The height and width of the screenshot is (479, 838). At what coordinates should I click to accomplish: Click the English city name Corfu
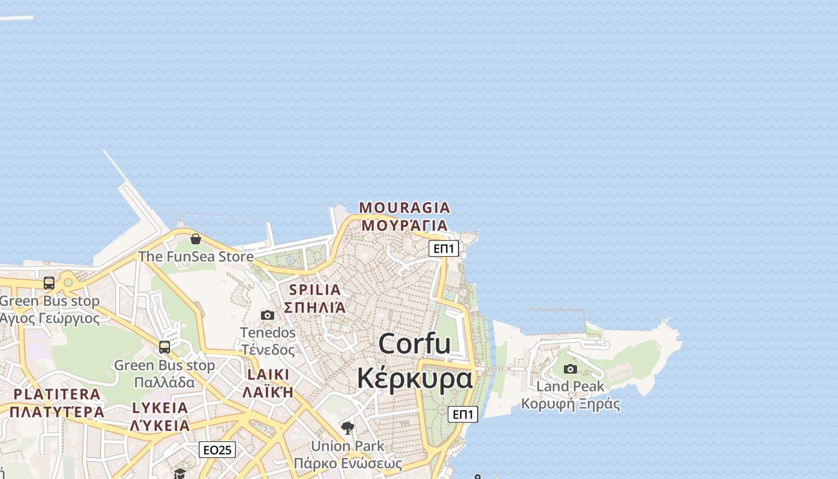tap(414, 344)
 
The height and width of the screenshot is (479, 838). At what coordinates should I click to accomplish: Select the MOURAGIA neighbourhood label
tap(404, 208)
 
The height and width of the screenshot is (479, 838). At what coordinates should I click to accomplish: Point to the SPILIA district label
tap(315, 290)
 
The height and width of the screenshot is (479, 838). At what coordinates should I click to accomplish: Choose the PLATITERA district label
tap(57, 394)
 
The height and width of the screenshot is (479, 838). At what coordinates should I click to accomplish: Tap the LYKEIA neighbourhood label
tap(160, 408)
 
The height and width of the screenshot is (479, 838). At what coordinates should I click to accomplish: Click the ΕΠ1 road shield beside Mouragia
tap(444, 248)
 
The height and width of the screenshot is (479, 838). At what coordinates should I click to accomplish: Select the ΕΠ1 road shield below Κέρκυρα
tap(463, 414)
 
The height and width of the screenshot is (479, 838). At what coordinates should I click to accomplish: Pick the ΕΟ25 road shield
tap(217, 450)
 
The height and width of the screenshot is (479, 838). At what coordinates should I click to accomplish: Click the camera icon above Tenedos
tap(268, 315)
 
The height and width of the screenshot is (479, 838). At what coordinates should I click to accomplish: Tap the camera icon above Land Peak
tap(570, 369)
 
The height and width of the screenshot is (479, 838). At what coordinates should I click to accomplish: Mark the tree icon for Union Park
tap(348, 428)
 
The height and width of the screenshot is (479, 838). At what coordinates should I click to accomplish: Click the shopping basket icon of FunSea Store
tap(196, 239)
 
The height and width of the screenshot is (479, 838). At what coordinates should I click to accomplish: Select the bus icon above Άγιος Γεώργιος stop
tap(49, 283)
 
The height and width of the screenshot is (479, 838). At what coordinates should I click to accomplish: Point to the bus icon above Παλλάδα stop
tap(165, 347)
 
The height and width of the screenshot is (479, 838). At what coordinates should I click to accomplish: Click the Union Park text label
tap(348, 446)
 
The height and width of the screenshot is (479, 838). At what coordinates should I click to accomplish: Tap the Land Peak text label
tap(570, 386)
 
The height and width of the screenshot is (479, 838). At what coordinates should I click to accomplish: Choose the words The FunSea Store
tap(196, 257)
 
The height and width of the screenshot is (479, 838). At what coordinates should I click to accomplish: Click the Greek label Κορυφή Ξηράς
tap(570, 404)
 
